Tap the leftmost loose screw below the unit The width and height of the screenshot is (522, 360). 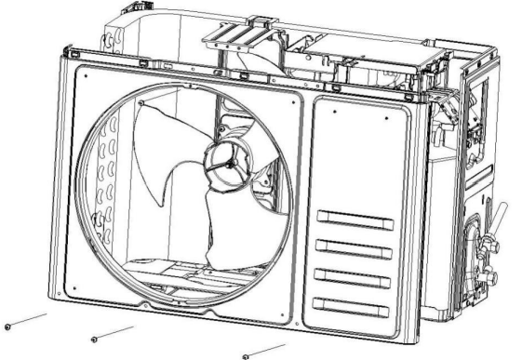click(7, 327)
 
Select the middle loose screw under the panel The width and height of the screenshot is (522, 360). click(95, 338)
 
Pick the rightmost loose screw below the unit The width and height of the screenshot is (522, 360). click(246, 356)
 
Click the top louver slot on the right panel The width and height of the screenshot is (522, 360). click(354, 219)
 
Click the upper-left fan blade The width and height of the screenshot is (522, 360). click(167, 135)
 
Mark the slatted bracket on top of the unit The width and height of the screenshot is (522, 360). click(228, 31)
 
